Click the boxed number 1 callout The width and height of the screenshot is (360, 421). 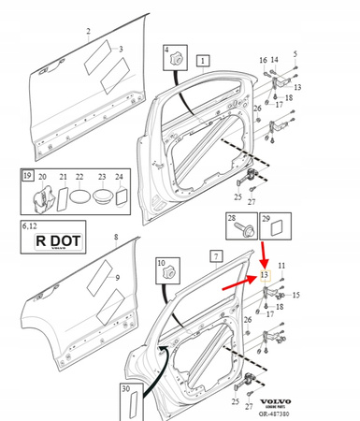click(x=203, y=61)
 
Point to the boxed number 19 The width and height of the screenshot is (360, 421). click(x=29, y=176)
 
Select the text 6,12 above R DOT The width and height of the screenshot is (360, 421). click(x=30, y=225)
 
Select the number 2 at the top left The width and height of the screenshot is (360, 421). click(x=88, y=31)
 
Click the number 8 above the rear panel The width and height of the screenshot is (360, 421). click(x=115, y=239)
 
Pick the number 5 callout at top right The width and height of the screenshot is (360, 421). click(x=295, y=53)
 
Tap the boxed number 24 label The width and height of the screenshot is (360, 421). click(x=119, y=176)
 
